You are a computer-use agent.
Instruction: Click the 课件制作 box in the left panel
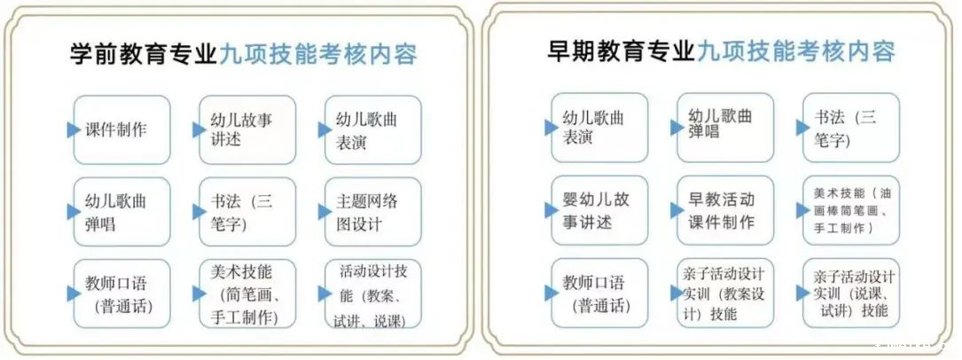(x=122, y=130)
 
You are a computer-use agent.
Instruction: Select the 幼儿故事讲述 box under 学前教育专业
(x=247, y=130)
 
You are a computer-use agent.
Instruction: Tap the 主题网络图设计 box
(x=373, y=212)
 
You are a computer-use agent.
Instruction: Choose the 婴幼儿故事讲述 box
(x=599, y=210)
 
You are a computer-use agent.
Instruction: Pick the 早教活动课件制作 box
(x=725, y=210)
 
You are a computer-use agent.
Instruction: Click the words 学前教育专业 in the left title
(x=144, y=54)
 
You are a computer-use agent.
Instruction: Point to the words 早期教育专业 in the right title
(x=622, y=51)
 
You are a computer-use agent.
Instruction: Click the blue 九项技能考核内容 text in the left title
(x=317, y=54)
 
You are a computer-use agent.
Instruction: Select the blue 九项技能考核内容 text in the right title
(x=795, y=51)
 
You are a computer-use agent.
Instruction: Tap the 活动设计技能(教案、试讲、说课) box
(x=373, y=293)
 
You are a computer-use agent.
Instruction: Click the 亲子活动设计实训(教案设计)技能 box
(x=725, y=293)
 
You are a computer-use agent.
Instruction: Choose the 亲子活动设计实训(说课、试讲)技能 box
(x=851, y=293)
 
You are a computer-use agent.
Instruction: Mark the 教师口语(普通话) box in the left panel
(x=122, y=293)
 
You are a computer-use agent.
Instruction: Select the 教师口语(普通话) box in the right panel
(x=599, y=293)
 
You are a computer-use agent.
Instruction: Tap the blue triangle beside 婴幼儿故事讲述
(x=551, y=210)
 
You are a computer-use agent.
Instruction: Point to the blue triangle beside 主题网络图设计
(x=325, y=212)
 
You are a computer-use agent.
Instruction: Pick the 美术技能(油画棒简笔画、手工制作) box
(x=851, y=210)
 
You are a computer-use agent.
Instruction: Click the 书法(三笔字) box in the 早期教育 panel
(x=851, y=128)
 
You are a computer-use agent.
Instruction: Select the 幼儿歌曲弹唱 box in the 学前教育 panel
(x=122, y=212)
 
